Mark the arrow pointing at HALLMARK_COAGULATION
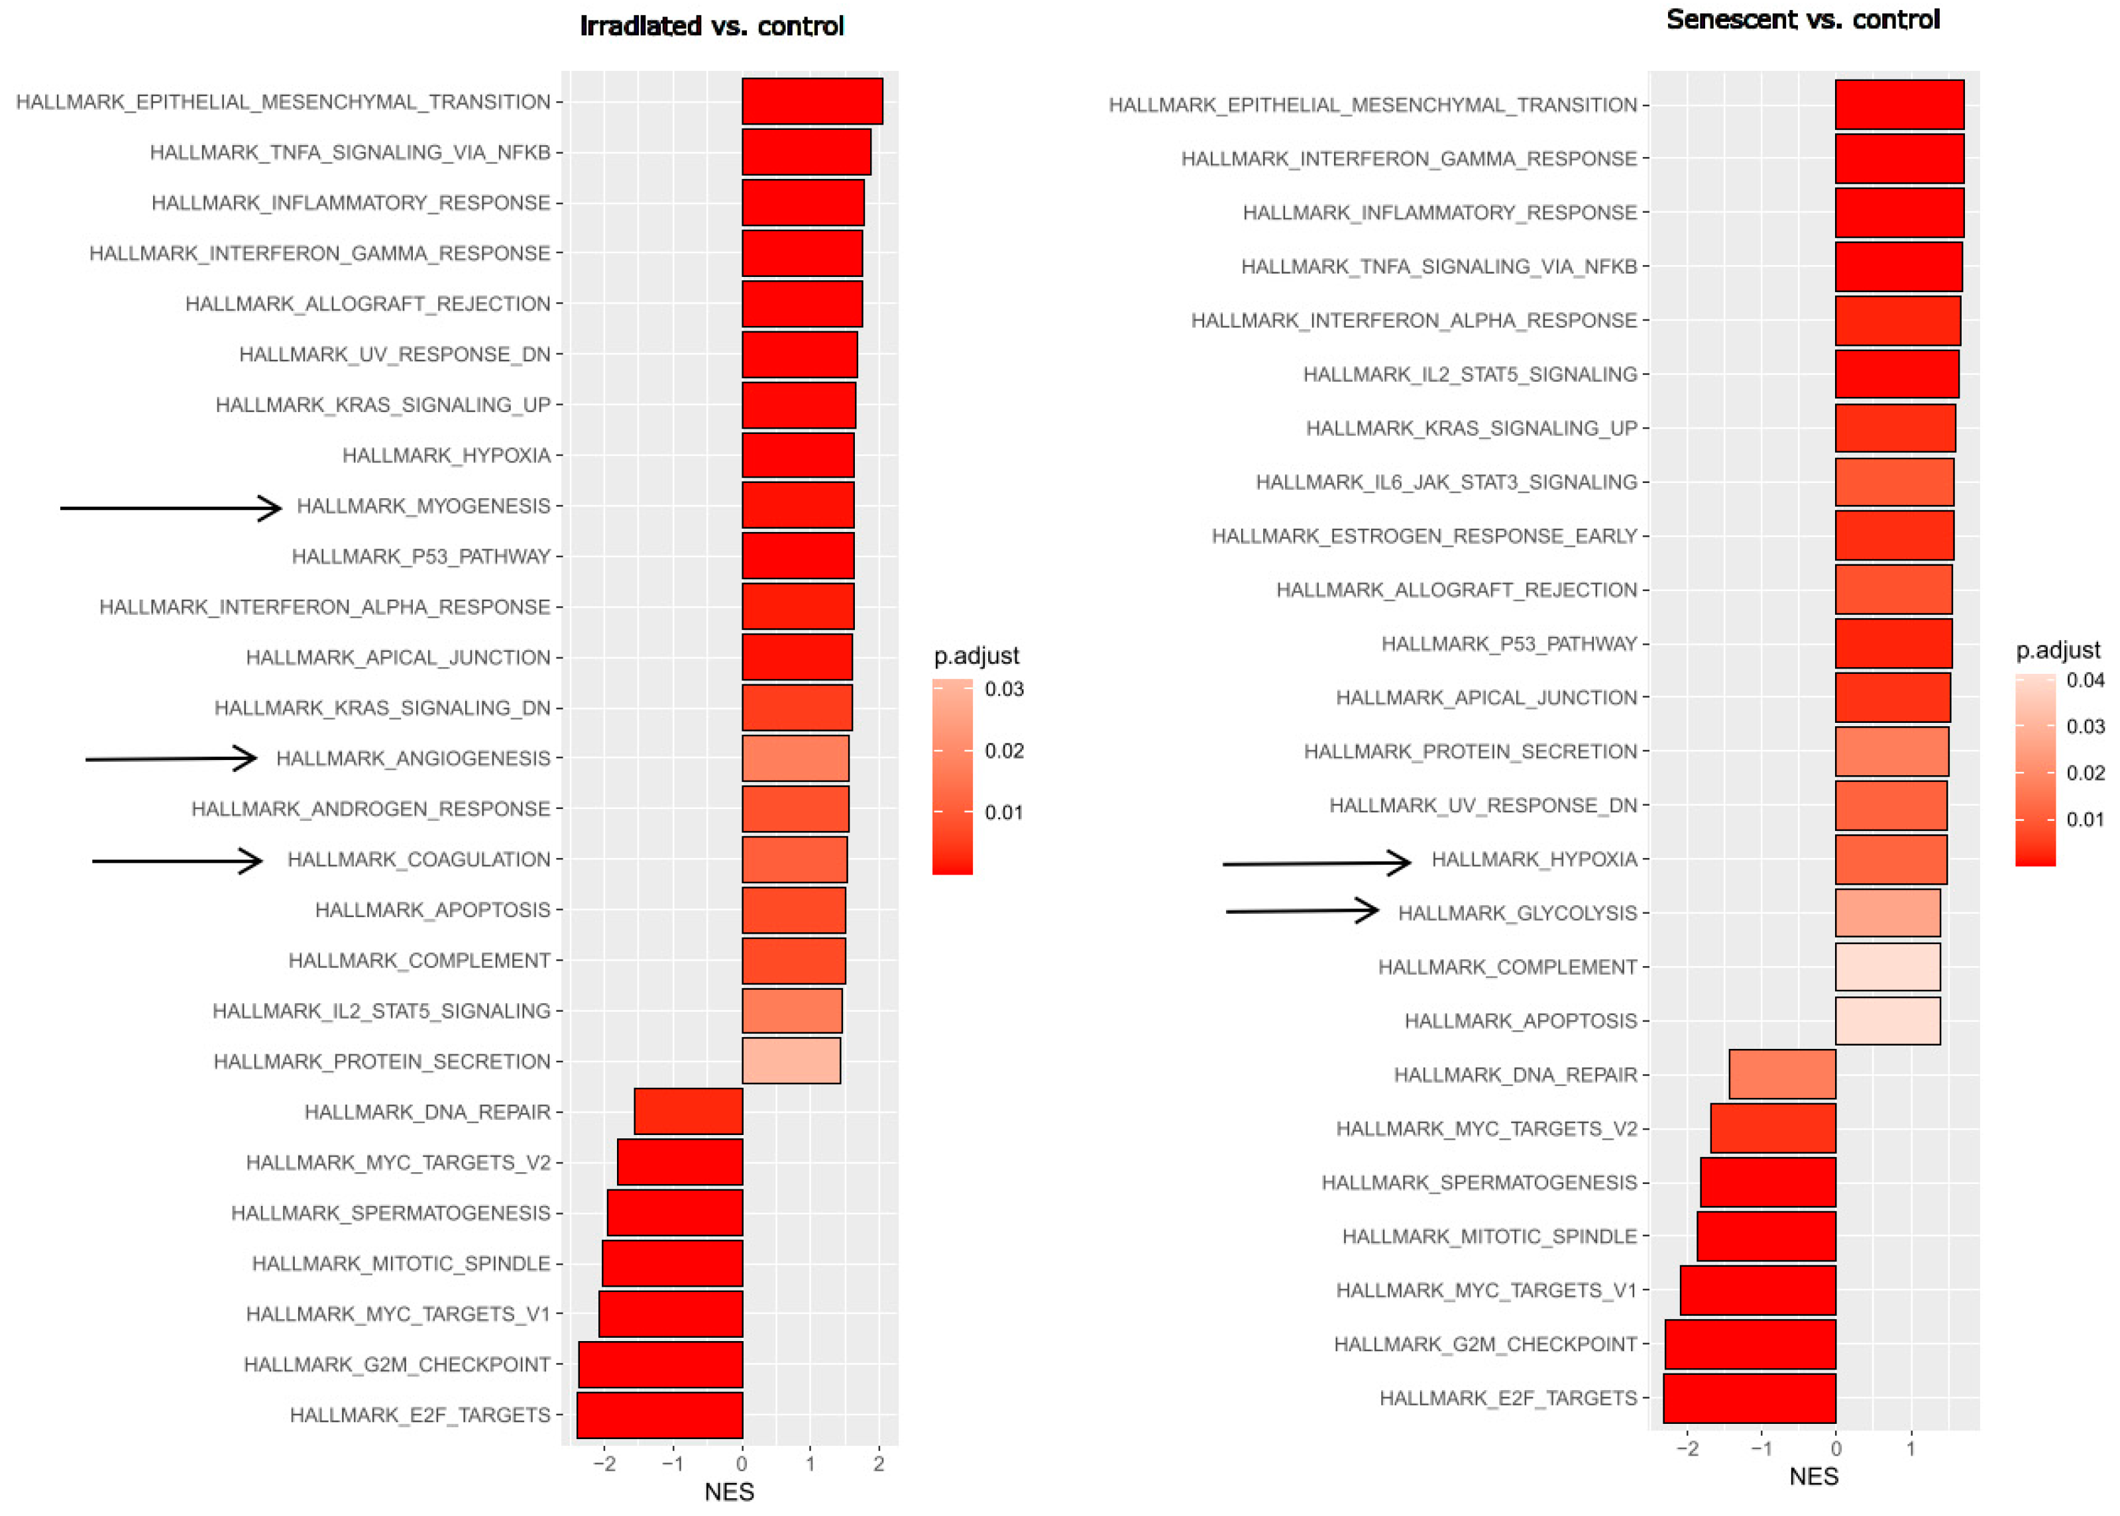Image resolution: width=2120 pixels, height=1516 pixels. [178, 860]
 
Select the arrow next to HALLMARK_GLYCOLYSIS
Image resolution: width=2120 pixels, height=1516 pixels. [1302, 910]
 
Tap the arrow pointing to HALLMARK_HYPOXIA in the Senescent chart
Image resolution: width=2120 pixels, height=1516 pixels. [1316, 863]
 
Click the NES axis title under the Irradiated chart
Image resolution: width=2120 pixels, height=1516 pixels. [729, 1491]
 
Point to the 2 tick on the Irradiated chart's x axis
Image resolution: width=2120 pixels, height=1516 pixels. [879, 1464]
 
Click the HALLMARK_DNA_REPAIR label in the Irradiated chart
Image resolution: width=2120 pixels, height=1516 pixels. [427, 1112]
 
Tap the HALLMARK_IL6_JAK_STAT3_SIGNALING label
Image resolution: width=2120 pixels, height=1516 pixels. [1446, 482]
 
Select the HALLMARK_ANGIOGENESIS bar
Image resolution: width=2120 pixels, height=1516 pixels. [795, 758]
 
